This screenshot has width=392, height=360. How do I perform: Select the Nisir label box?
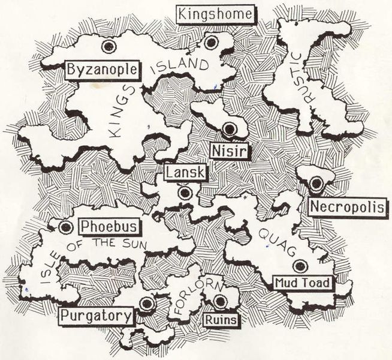(229, 148)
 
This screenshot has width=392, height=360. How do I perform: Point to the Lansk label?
(185, 173)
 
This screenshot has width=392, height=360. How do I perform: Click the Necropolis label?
(348, 207)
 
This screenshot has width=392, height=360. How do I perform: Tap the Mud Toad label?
(302, 282)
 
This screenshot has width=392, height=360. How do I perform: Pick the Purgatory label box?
(96, 315)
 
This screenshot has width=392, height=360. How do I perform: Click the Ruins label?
(220, 320)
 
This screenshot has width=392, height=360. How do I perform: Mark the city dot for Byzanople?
(108, 46)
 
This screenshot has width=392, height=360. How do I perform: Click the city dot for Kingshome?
(210, 42)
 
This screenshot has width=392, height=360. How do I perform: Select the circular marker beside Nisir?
(229, 128)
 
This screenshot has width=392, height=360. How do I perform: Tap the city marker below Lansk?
(185, 193)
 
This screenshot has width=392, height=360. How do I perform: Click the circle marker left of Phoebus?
(66, 227)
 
